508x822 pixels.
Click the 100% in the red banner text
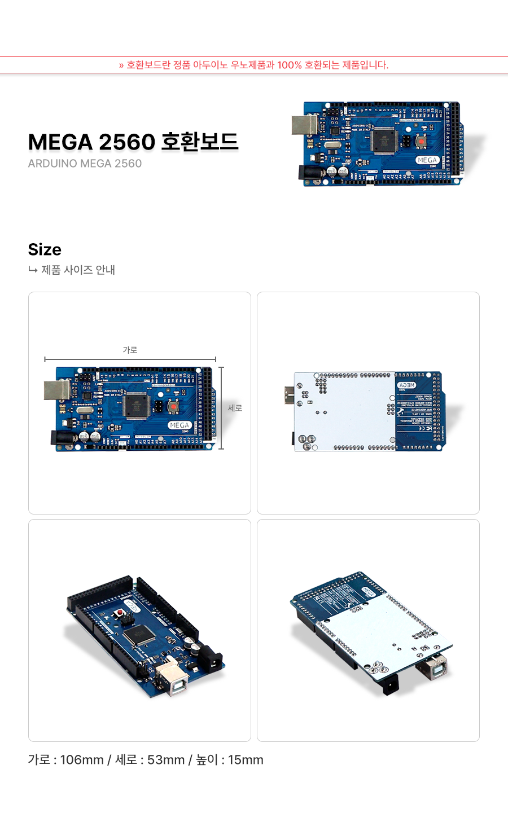coord(289,65)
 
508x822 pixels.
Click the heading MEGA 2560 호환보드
coord(133,142)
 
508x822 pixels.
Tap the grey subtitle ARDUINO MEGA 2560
coord(85,164)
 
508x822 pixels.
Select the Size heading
coord(45,249)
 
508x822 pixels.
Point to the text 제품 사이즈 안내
coord(78,270)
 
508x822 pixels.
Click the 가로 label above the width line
coord(130,350)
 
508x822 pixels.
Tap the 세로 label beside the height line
coord(235,408)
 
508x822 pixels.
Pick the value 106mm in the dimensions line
coord(82,760)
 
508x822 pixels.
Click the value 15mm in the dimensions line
coord(246,760)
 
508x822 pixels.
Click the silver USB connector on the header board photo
coord(304,125)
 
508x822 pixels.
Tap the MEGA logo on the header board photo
coord(427,160)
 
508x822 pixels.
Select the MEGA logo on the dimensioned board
coord(179,425)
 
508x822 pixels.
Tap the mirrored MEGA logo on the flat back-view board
coord(406,385)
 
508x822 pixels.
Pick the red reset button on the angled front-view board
coord(120,613)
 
